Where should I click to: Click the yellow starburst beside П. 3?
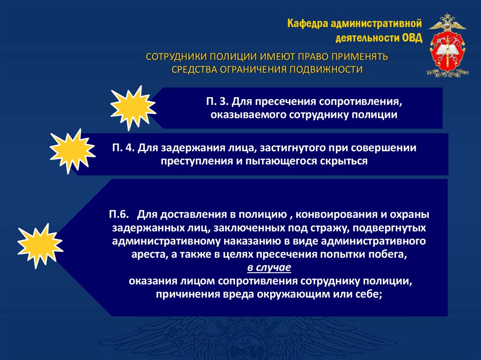point(133,107)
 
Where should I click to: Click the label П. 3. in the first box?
point(216,102)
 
